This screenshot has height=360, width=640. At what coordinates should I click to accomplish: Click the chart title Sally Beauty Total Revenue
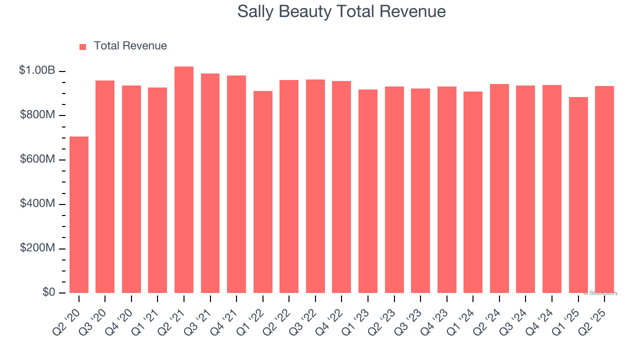(341, 11)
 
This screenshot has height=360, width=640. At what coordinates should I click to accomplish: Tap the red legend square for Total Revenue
(82, 46)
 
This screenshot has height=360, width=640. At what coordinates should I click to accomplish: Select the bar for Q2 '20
(79, 215)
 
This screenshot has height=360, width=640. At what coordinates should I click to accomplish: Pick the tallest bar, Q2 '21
(184, 180)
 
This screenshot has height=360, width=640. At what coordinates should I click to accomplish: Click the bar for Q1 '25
(578, 195)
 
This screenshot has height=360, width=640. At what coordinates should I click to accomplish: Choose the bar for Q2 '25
(604, 190)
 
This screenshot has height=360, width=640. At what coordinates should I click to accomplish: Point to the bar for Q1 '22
(263, 192)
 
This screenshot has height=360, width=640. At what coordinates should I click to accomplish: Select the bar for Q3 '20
(105, 187)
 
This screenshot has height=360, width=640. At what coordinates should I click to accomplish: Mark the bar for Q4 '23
(447, 190)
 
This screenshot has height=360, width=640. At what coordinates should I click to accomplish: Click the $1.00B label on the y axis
(37, 70)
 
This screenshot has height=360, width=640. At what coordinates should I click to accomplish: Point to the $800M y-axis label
(37, 115)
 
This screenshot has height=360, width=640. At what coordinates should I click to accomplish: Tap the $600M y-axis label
(37, 159)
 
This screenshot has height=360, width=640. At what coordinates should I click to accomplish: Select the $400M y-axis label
(37, 204)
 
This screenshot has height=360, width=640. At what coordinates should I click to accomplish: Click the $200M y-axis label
(37, 248)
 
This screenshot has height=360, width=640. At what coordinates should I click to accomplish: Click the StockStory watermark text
(600, 293)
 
